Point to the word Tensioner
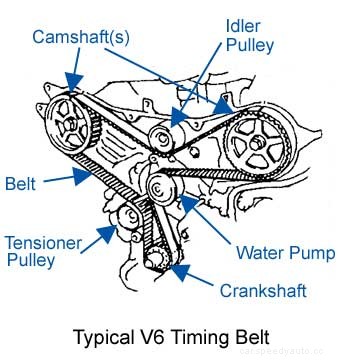pos(43,242)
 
